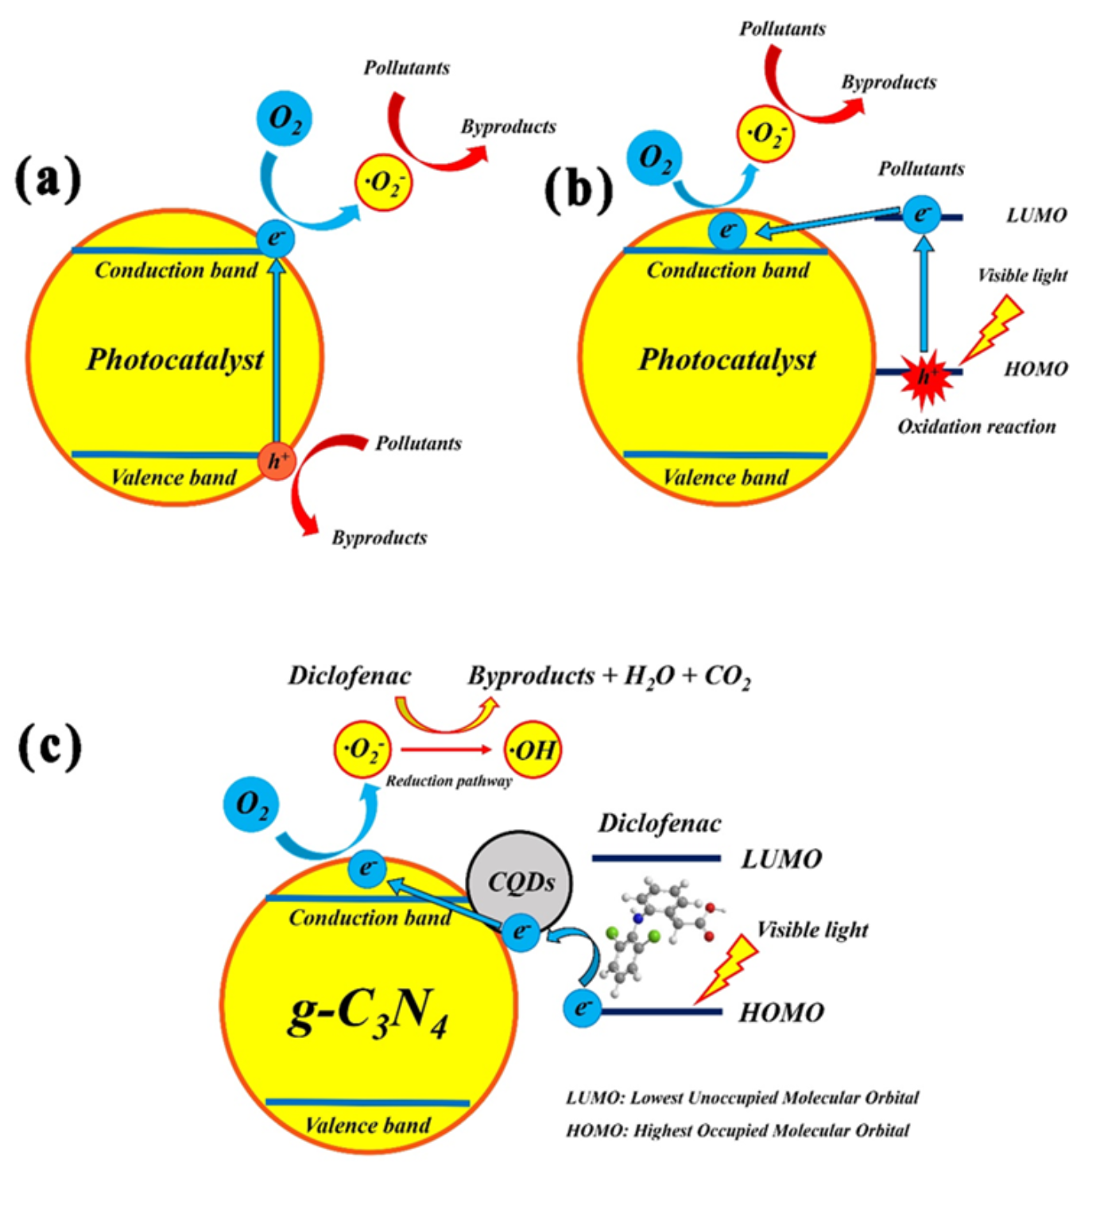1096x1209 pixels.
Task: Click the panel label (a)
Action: [x=48, y=179]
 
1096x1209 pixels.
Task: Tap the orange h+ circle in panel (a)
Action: [x=277, y=461]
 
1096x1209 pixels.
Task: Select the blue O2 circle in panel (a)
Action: [x=285, y=118]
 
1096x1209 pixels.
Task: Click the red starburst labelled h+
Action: [x=926, y=378]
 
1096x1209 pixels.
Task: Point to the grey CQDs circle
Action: [x=520, y=882]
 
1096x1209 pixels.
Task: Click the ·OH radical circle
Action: [x=533, y=750]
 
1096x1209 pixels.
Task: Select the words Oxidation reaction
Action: [x=977, y=427]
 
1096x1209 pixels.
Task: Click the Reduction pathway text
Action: [x=448, y=781]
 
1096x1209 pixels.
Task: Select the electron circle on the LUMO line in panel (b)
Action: [x=922, y=214]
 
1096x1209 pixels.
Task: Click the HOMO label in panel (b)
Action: [x=1036, y=369]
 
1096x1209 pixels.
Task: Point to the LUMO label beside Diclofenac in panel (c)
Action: [x=781, y=859]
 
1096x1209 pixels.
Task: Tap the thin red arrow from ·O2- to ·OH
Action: [x=446, y=750]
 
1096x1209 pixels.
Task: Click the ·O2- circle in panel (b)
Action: [x=765, y=134]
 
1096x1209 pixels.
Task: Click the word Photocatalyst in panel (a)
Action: [x=176, y=360]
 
